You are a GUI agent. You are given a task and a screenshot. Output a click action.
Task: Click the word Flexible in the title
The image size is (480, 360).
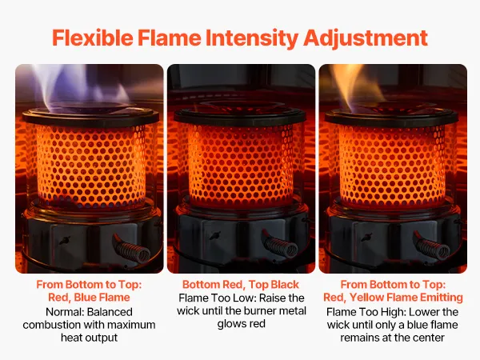(93, 38)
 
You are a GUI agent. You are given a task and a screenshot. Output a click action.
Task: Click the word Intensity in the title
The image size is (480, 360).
(252, 38)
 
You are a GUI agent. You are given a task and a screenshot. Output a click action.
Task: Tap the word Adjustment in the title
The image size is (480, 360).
(366, 38)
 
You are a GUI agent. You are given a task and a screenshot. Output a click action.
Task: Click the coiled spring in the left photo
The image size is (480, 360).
(132, 248)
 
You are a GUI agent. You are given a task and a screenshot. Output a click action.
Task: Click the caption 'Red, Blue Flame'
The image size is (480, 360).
(89, 298)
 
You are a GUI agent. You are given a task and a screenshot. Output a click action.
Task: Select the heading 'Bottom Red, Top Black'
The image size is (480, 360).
(241, 285)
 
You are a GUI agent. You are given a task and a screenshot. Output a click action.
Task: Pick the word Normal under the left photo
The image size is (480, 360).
(65, 312)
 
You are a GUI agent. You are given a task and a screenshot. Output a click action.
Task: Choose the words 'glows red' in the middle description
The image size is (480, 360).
(242, 324)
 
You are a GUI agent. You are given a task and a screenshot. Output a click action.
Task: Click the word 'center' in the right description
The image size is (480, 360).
(427, 338)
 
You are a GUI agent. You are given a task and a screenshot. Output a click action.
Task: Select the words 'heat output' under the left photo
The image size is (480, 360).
(89, 338)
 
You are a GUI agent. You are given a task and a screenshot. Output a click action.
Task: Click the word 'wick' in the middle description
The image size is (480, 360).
(188, 310)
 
